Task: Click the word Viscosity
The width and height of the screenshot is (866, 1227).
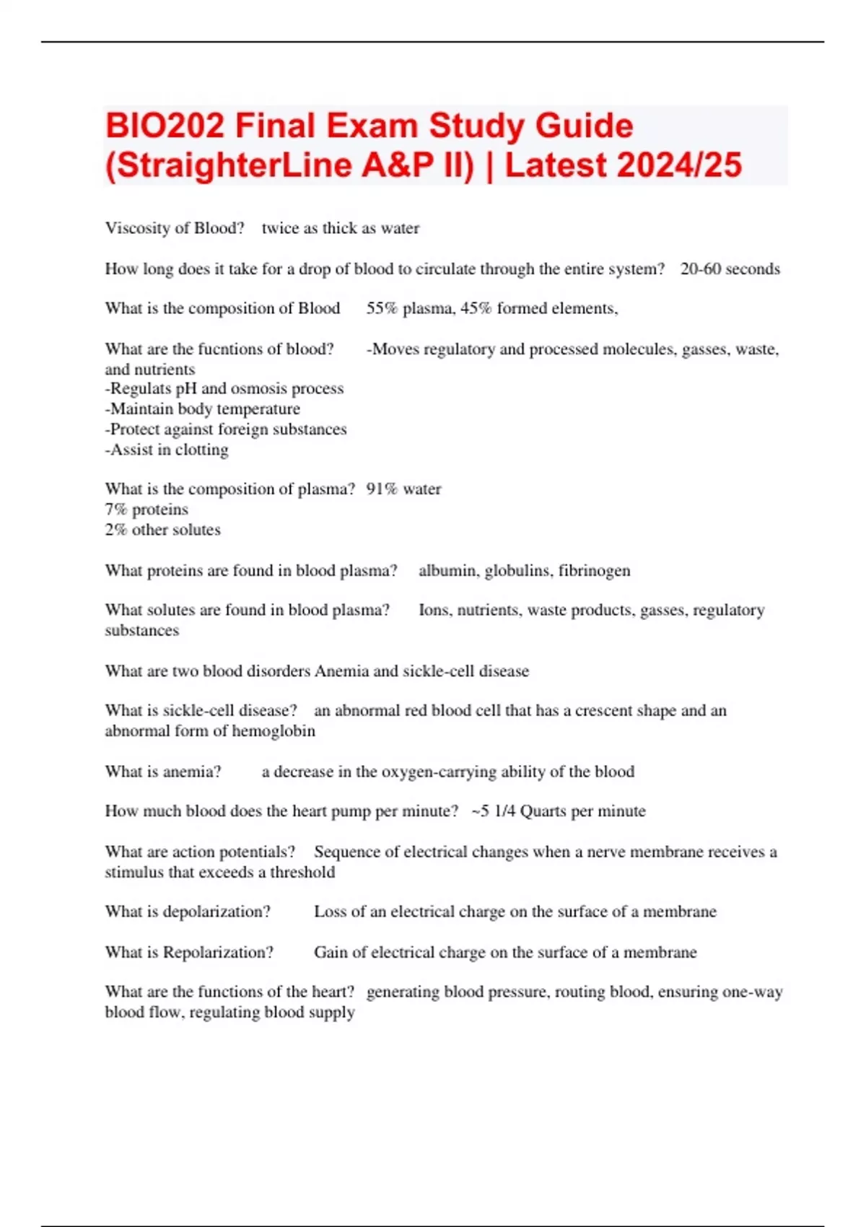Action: point(137,228)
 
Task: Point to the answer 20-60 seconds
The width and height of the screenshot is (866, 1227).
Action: point(730,268)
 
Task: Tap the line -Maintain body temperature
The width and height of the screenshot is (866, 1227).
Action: point(202,409)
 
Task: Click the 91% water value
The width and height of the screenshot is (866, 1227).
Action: point(403,489)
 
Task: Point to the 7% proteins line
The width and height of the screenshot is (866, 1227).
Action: point(146,509)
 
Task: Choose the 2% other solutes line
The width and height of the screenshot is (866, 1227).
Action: point(162,529)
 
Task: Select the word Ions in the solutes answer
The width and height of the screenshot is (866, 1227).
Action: point(433,610)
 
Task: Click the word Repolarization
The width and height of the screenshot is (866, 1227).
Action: point(218,952)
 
